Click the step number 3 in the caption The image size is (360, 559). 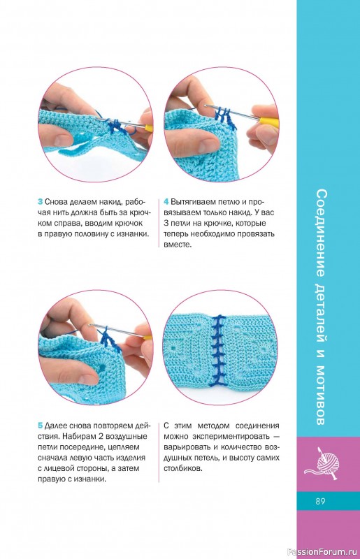coord(41,202)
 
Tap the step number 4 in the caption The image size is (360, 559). coord(166,202)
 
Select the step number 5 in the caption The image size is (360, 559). coord(41,426)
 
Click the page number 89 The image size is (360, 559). coord(320,501)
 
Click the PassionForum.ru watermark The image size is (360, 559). coord(322,552)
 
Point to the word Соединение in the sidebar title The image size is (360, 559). coord(321,233)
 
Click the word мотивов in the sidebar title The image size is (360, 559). coord(321,395)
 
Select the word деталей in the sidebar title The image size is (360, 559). coord(321,314)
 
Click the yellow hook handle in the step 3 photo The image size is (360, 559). coord(149,127)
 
